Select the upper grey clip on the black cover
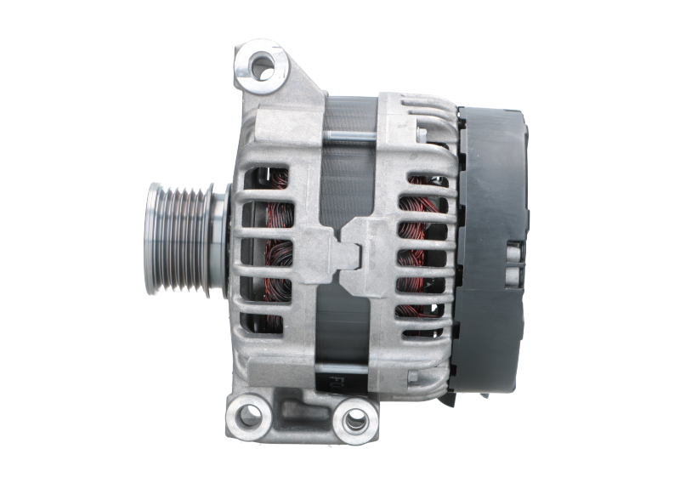(x=513, y=251)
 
